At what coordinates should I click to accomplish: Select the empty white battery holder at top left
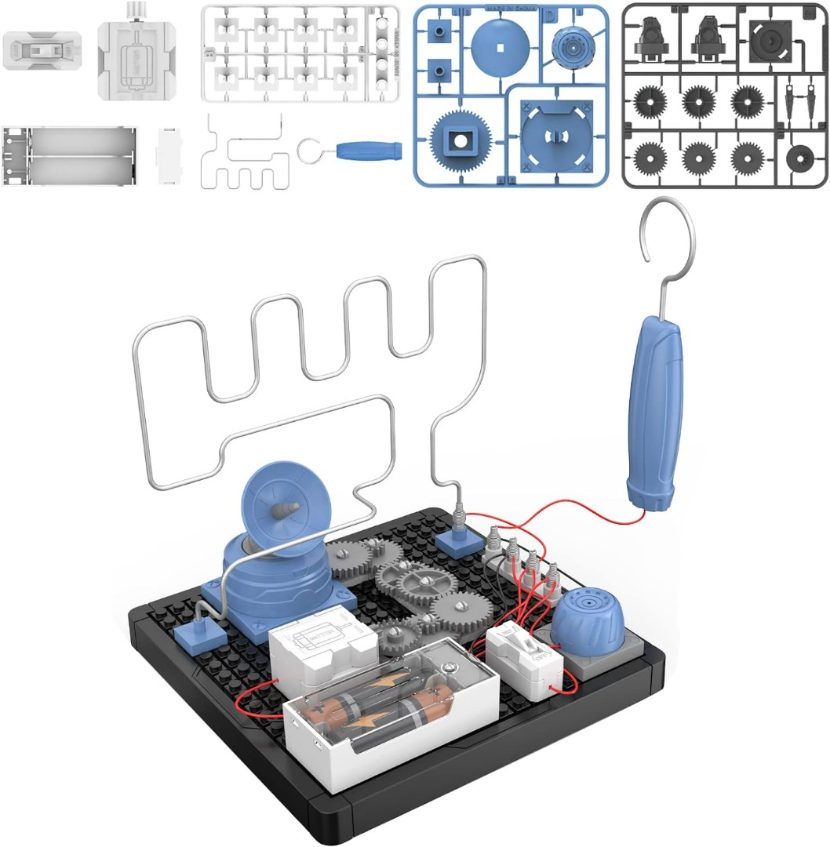point(70,155)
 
